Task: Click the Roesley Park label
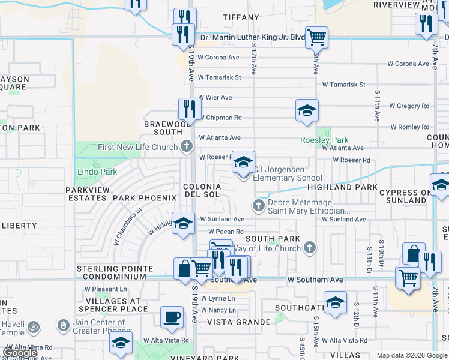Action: [324, 140]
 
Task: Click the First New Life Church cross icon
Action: [187, 146]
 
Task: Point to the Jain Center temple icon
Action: [63, 325]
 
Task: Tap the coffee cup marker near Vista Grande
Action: [172, 316]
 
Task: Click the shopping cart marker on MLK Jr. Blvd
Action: [316, 37]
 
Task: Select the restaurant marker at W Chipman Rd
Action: [190, 109]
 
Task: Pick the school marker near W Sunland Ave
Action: [184, 223]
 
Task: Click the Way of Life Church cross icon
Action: [309, 247]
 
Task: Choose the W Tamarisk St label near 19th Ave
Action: [219, 77]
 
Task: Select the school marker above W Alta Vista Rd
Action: [121, 342]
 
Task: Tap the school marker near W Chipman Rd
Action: [307, 110]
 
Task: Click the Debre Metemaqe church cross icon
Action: [259, 206]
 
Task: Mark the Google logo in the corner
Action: [20, 353]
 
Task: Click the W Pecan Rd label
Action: [226, 232]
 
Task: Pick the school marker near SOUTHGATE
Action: [335, 301]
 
